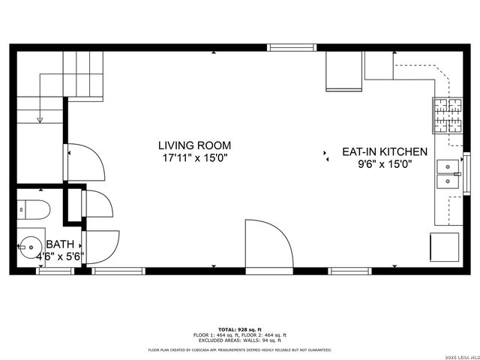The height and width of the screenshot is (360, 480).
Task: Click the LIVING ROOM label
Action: [194, 145]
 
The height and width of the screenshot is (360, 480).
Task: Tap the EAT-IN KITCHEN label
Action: [385, 151]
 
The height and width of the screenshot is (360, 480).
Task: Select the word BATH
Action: [60, 244]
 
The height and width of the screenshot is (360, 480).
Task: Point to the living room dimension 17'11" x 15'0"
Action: [194, 158]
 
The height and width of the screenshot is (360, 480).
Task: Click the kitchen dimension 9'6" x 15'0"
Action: [385, 164]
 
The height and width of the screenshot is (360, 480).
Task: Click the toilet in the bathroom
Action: [34, 208]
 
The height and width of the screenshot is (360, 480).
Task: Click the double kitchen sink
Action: [448, 173]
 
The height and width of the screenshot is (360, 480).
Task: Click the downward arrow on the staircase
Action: [40, 118]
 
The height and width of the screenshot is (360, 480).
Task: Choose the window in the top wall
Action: [292, 48]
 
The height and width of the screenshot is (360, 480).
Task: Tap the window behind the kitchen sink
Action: [467, 173]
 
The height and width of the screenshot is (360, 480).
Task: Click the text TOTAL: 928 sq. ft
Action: [240, 329]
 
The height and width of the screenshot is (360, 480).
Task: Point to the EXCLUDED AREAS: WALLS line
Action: [240, 340]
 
